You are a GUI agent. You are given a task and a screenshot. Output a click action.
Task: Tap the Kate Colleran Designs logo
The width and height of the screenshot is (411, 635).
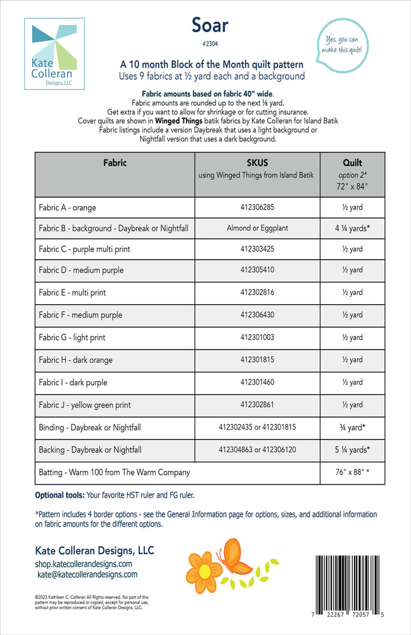click(54, 54)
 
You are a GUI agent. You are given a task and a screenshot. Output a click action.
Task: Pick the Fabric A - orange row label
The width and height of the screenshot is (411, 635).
click(67, 208)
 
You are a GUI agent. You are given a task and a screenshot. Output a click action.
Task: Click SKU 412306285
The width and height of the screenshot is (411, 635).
click(257, 208)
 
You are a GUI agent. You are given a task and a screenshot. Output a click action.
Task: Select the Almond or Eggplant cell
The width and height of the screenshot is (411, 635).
click(257, 229)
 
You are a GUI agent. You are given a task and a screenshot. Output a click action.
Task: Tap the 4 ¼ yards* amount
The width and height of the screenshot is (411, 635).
click(352, 229)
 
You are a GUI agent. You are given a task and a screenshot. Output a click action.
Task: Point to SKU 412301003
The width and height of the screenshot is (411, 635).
click(257, 338)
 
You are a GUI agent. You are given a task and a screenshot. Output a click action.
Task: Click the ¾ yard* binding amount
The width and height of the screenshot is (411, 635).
click(352, 427)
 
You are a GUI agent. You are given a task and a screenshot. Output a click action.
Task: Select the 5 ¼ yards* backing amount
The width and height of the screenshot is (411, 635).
click(352, 450)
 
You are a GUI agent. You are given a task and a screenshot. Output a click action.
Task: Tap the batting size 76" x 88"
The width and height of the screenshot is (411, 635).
click(352, 472)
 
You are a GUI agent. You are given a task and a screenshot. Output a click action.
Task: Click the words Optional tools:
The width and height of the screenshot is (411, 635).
click(60, 496)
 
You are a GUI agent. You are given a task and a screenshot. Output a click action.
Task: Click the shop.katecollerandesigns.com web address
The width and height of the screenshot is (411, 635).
click(84, 564)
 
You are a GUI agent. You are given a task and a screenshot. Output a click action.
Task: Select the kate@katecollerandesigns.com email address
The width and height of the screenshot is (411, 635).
click(87, 574)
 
